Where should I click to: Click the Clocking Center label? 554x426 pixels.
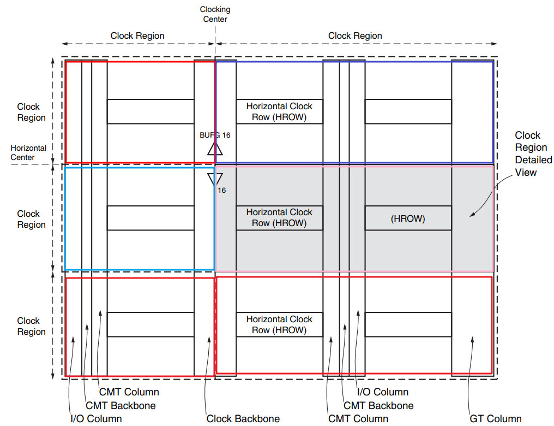(215, 14)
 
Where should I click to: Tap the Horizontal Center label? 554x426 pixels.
(28, 152)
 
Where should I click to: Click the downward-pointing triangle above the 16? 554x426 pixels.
(215, 179)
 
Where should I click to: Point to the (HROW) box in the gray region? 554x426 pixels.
(408, 218)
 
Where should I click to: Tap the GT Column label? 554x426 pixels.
(495, 419)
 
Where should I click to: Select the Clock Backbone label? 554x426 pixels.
(243, 419)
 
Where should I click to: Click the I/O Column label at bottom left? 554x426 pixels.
(96, 419)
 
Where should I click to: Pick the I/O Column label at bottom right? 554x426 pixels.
(382, 392)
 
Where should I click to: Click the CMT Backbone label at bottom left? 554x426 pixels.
(121, 405)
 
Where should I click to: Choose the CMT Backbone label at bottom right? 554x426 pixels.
(378, 405)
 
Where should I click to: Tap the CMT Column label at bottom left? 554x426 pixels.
(129, 392)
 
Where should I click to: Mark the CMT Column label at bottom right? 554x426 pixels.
(358, 419)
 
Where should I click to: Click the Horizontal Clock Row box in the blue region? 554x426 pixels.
(279, 111)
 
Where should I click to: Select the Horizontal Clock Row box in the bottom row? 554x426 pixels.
(279, 324)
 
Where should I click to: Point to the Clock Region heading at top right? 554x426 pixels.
(355, 36)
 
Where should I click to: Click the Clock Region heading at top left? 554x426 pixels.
(137, 36)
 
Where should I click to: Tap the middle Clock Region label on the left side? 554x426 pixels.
(32, 219)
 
